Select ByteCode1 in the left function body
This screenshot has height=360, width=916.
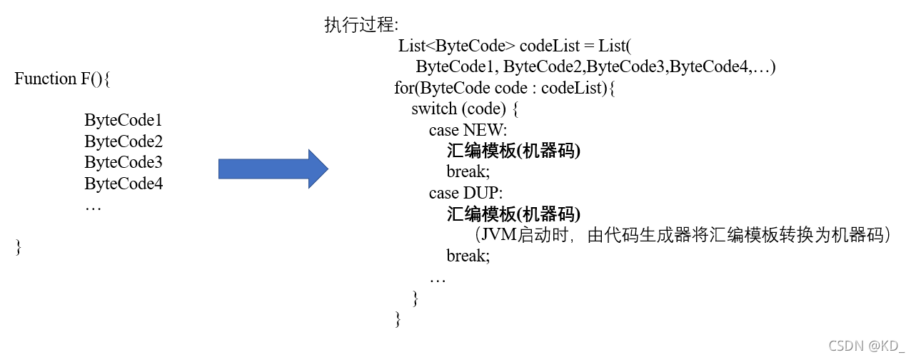[x=124, y=120]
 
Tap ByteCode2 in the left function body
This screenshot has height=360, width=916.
[x=124, y=141]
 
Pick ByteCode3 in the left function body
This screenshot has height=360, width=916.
[x=124, y=162]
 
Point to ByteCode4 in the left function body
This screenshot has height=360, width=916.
[x=124, y=184]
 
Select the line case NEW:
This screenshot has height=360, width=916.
[x=468, y=130]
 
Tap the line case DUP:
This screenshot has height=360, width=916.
[x=466, y=193]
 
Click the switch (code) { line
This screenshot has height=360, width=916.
[x=468, y=109]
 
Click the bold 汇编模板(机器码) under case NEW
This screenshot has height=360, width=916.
[x=513, y=151]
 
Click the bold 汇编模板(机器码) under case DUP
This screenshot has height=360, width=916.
[x=513, y=214]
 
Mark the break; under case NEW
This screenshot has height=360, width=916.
[x=468, y=172]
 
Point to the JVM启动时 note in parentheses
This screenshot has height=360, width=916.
[x=683, y=235]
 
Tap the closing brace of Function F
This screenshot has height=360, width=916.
[x=19, y=246]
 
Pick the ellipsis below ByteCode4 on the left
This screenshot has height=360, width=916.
[x=93, y=207]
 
